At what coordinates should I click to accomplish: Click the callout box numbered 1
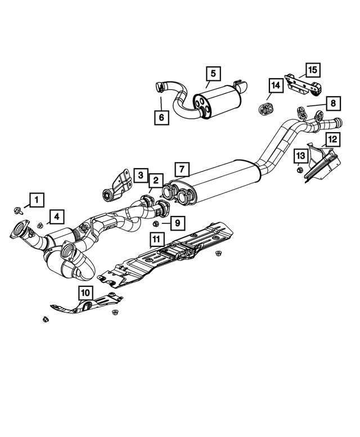pos(37,199)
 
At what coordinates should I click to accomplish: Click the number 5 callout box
pos(213,73)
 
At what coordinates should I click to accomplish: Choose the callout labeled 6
pos(161,117)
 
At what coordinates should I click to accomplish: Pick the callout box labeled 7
pos(182,169)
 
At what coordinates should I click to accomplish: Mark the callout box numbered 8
pos(332,103)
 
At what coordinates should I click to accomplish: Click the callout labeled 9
pos(176,223)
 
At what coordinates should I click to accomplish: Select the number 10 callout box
pos(84,292)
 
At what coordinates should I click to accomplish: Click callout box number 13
pos(300,155)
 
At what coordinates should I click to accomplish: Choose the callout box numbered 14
pos(275,85)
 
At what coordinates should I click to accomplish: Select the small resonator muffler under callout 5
pos(217,102)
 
